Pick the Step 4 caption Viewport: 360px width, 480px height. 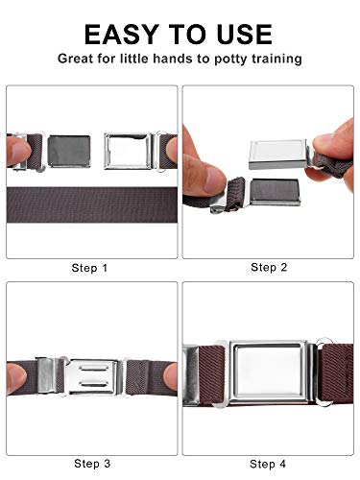click(x=268, y=464)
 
